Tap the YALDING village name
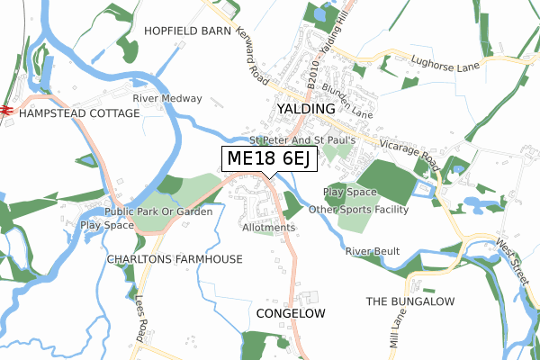(x=306, y=109)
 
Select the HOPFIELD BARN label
(x=187, y=31)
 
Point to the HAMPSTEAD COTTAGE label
(x=79, y=113)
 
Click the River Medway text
(x=166, y=98)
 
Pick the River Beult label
(x=373, y=250)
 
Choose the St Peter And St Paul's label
(x=303, y=140)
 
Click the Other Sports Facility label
(x=358, y=210)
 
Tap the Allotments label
(x=268, y=228)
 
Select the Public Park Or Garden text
(x=158, y=211)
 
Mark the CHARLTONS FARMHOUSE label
(x=175, y=259)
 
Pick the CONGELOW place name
(x=290, y=313)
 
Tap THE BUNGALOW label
(x=410, y=301)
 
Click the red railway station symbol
(x=4, y=109)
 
